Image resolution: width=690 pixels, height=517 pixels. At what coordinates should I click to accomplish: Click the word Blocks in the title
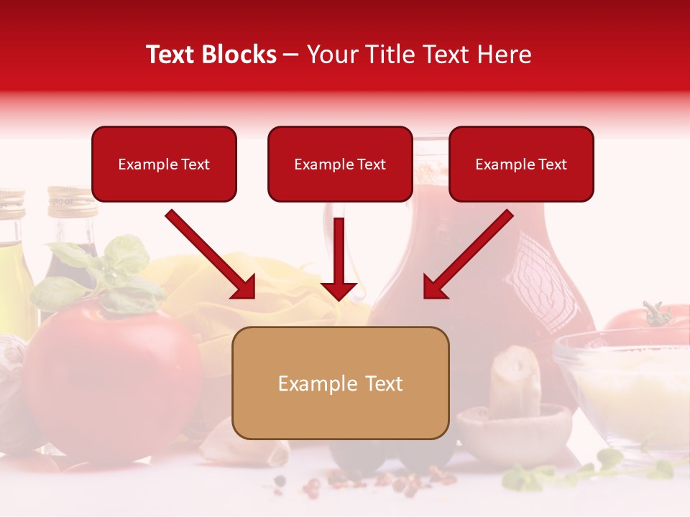coord(240,55)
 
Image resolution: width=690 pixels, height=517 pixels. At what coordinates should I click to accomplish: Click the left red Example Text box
coord(164,164)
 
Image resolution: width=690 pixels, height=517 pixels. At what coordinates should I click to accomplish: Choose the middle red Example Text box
coord(340,164)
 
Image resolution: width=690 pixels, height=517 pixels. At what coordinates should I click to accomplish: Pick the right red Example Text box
coord(521,164)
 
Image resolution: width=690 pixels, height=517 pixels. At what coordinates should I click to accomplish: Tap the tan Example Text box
coord(340,383)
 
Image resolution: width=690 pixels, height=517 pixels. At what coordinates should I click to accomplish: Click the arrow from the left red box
coord(211,255)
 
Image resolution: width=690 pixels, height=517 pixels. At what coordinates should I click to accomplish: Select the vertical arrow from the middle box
coord(339,258)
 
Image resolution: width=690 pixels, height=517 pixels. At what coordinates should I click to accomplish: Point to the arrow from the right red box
coord(467,255)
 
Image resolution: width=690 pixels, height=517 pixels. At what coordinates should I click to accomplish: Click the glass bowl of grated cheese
coord(625,388)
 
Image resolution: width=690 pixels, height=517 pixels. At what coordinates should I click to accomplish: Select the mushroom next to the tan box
coord(514,416)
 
